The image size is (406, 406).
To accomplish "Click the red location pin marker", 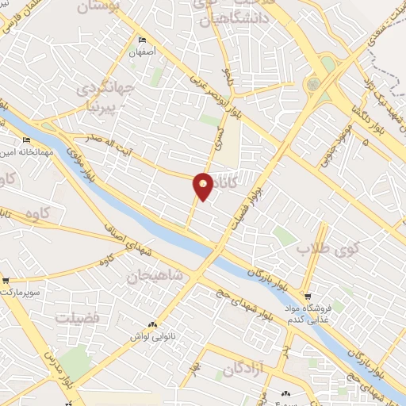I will pyautogui.click(x=204, y=186).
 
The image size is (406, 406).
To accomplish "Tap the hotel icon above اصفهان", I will pyautogui.click(x=142, y=40).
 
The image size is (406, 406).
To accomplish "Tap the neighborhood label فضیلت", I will pyautogui.click(x=77, y=316).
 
